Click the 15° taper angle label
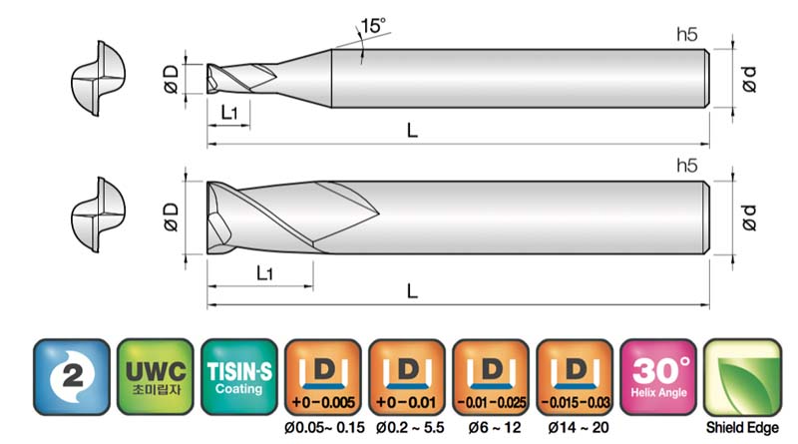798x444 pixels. point(373,26)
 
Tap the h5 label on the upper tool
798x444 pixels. point(686,34)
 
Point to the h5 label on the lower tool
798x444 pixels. point(686,166)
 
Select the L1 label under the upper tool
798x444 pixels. point(229,112)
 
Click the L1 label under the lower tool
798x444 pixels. point(264,273)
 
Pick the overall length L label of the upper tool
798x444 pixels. point(412,131)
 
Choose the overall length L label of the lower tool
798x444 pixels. point(412,291)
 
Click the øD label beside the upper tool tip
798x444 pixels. point(172,79)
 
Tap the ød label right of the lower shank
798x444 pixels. point(749,218)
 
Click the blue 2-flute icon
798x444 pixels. point(72,377)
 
